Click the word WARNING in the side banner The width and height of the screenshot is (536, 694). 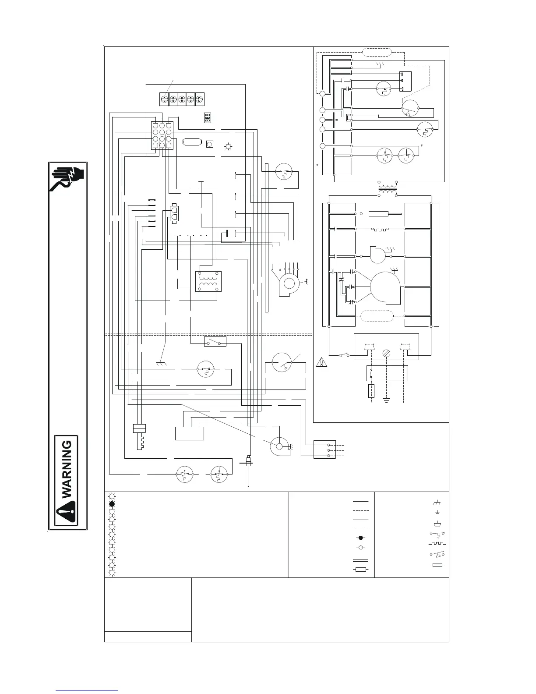(x=67, y=469)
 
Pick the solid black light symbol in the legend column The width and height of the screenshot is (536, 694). (x=112, y=504)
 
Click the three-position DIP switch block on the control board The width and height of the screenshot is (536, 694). (x=208, y=118)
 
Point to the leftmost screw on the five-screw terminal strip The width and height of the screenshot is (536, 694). (x=164, y=99)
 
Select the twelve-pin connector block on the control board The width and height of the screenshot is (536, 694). (x=162, y=135)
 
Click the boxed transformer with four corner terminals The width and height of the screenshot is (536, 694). (x=208, y=281)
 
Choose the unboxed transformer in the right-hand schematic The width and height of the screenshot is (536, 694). (x=388, y=189)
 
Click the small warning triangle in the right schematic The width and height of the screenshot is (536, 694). (x=321, y=362)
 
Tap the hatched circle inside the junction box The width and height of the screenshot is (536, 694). (x=387, y=353)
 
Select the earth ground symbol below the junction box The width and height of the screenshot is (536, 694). (x=387, y=400)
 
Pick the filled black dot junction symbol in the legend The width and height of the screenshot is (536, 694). (x=361, y=538)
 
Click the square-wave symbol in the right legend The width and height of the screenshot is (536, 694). (x=437, y=543)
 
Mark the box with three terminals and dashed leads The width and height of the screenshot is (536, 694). (x=324, y=450)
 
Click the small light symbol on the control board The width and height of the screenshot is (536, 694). (x=228, y=147)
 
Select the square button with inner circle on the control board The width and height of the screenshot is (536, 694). (x=209, y=144)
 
